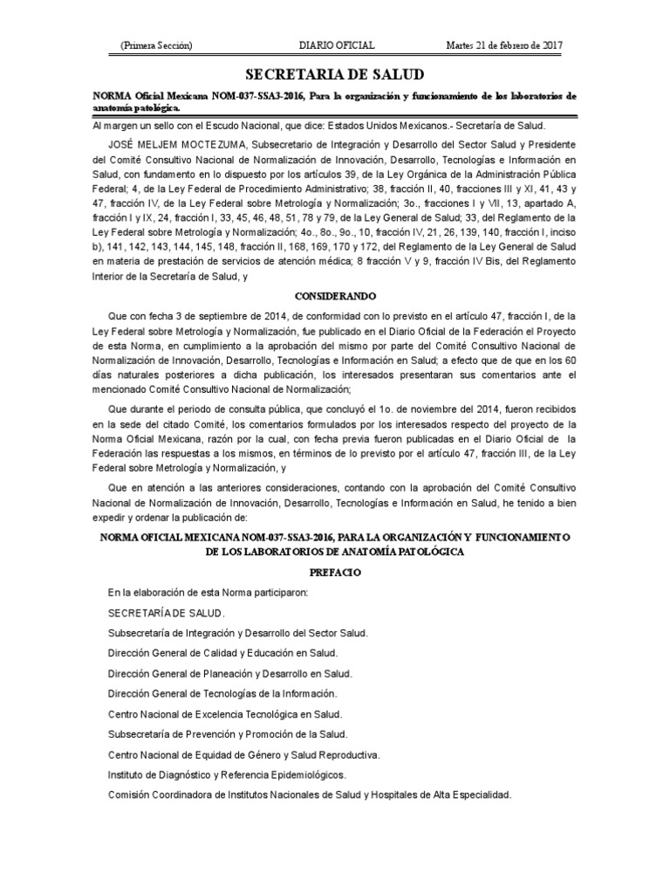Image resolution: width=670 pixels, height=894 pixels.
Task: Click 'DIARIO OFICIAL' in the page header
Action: [337, 45]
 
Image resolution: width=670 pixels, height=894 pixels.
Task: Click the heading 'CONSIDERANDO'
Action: [335, 297]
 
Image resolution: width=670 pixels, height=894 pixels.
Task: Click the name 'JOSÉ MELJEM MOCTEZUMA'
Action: [179, 145]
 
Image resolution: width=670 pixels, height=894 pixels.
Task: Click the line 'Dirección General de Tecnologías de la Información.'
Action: [222, 693]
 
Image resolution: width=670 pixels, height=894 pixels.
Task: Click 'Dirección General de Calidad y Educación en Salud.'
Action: [222, 653]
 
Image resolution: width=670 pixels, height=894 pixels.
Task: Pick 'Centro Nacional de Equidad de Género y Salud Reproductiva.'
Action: [243, 754]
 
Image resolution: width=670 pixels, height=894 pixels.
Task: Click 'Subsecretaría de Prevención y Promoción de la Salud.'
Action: [228, 733]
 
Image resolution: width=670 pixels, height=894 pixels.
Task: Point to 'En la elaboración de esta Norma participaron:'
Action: [208, 593]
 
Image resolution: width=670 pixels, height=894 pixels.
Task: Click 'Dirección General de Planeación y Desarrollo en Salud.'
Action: [230, 673]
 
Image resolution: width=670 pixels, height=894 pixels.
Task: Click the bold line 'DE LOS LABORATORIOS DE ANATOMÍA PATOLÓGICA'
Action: [335, 552]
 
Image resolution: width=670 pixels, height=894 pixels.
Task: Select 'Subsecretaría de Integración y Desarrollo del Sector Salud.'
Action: [237, 633]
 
